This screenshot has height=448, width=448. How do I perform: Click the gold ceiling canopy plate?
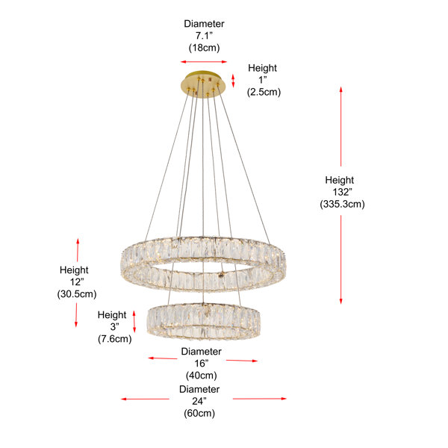coord(203,83)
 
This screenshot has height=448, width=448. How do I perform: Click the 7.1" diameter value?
coord(204,36)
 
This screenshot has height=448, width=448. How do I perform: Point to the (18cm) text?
coord(204,48)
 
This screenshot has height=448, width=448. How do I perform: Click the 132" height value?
coord(342,192)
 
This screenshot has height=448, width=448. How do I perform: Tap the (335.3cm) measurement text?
coord(342,204)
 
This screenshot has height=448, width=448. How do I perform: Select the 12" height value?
coord(77,282)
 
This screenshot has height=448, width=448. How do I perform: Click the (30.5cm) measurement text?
coord(77,294)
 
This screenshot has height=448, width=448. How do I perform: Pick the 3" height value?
coord(114,326)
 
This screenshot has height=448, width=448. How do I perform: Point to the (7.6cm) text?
coord(114,339)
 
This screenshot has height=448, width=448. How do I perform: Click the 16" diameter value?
coord(202,364)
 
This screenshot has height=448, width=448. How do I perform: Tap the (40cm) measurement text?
coord(202,376)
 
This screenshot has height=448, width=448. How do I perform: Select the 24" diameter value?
coord(199,401)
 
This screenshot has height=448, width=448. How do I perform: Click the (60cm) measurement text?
coord(199,414)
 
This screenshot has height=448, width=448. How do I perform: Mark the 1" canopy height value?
coord(263,80)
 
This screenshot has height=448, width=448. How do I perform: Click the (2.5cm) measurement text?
coord(264,92)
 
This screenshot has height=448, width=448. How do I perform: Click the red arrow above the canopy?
coord(204,62)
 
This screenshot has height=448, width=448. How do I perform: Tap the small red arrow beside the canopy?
coord(233,81)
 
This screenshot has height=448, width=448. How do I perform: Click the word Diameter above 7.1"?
coord(204,24)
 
